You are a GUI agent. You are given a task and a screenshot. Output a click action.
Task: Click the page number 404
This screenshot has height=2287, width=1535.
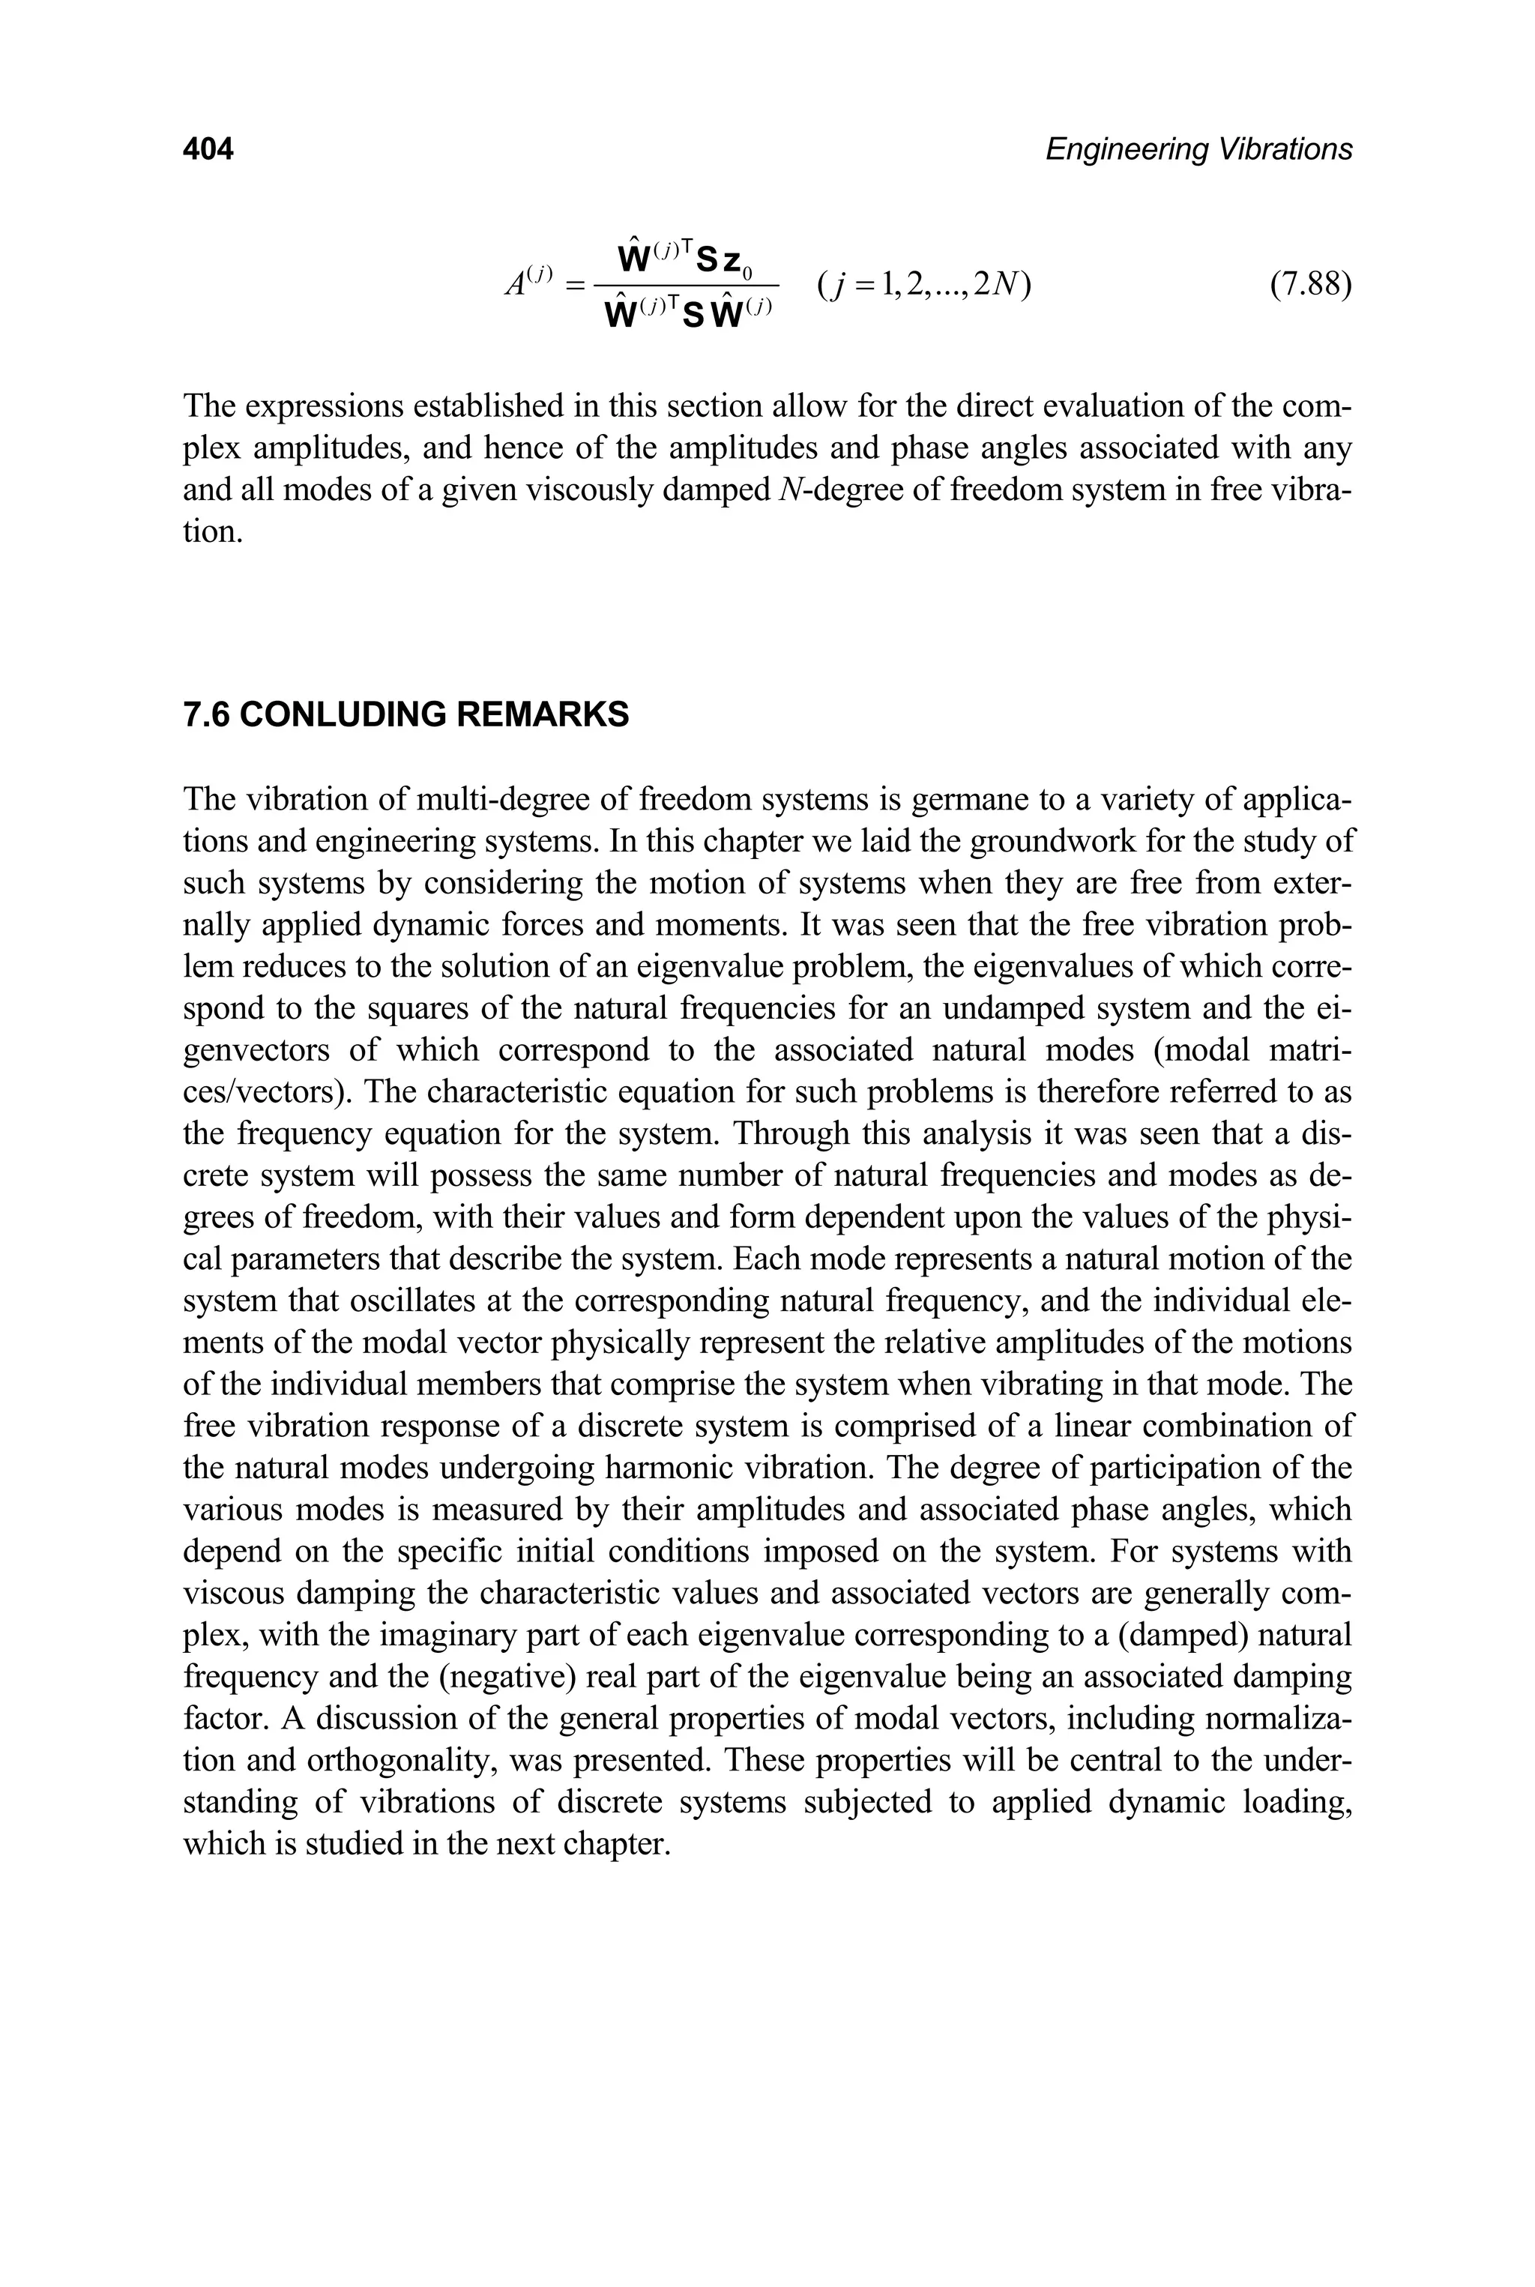point(208,149)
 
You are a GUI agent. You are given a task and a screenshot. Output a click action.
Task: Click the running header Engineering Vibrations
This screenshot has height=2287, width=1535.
point(1198,149)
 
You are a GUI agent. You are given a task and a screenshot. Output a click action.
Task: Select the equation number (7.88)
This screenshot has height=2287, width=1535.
point(1310,286)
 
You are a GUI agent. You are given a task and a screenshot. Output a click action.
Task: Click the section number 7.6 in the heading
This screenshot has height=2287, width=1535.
point(207,714)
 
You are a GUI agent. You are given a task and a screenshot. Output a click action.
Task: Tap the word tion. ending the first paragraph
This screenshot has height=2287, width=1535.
point(212,533)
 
